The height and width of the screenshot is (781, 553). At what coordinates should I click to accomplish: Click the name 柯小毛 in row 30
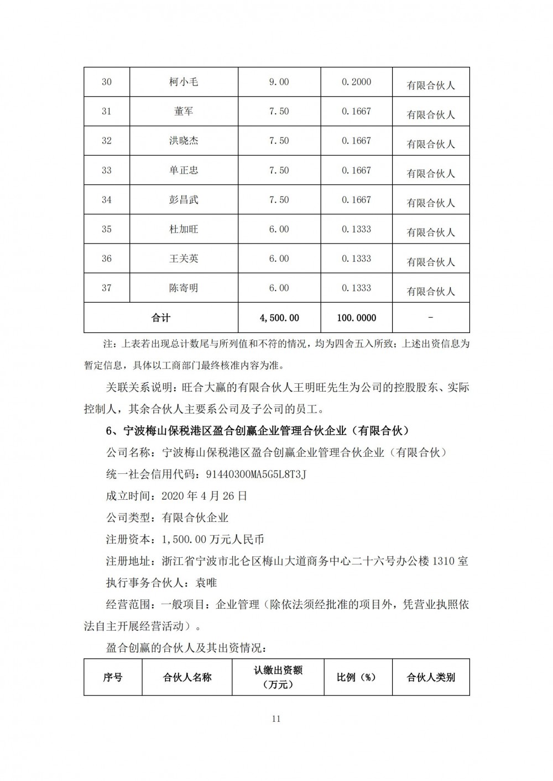click(x=184, y=82)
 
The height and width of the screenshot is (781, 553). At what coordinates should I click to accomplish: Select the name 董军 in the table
click(x=184, y=111)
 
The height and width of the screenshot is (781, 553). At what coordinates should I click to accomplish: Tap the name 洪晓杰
click(x=184, y=140)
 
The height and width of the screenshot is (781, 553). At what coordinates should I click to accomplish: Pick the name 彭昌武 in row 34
click(x=184, y=199)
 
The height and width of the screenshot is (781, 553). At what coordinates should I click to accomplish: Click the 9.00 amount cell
click(x=279, y=82)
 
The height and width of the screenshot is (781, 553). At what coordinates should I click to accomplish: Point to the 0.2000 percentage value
click(x=356, y=82)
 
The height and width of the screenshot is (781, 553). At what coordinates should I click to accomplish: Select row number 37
click(x=107, y=288)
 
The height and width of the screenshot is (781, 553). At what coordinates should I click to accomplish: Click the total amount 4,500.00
click(x=279, y=318)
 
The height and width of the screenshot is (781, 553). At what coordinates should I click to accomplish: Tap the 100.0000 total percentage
click(x=356, y=318)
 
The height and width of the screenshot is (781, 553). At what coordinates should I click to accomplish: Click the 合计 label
click(x=161, y=318)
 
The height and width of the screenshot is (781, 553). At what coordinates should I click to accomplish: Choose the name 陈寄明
click(x=184, y=288)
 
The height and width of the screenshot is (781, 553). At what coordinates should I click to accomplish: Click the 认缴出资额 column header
click(x=278, y=671)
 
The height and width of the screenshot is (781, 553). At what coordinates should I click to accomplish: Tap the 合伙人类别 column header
click(x=431, y=677)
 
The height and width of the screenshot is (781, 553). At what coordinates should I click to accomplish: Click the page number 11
click(x=276, y=719)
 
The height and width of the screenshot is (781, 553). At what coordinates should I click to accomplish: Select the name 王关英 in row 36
click(x=184, y=258)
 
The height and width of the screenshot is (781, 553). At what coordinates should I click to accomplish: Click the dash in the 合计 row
click(x=431, y=318)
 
